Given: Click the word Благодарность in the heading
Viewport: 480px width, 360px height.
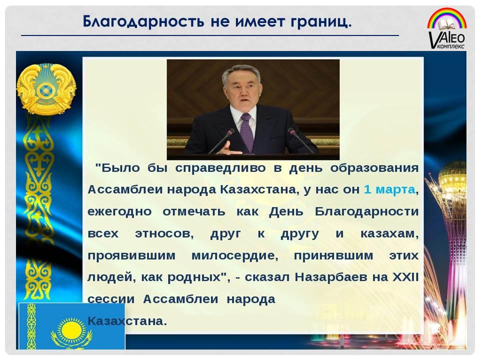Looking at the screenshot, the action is pyautogui.click(x=143, y=22).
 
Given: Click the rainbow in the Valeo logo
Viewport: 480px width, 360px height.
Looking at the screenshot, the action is pyautogui.click(x=447, y=18).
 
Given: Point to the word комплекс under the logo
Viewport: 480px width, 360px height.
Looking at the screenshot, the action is pyautogui.click(x=451, y=46).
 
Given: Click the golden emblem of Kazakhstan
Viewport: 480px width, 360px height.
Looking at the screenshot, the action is pyautogui.click(x=46, y=89).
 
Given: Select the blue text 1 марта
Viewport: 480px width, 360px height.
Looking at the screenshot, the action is pyautogui.click(x=389, y=189).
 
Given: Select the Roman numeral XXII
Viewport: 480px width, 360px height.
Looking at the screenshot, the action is pyautogui.click(x=405, y=276).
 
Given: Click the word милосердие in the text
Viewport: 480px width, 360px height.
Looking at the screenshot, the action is pyautogui.click(x=235, y=255).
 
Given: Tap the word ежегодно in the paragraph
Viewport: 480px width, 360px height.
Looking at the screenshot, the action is pyautogui.click(x=119, y=212).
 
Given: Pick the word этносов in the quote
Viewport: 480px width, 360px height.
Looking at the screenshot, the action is pyautogui.click(x=164, y=234).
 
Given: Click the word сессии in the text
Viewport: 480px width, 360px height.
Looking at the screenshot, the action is pyautogui.click(x=111, y=299).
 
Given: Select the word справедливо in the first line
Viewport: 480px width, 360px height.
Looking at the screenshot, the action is pyautogui.click(x=220, y=168).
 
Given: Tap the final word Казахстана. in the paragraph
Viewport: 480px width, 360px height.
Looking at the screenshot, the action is pyautogui.click(x=127, y=321).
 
